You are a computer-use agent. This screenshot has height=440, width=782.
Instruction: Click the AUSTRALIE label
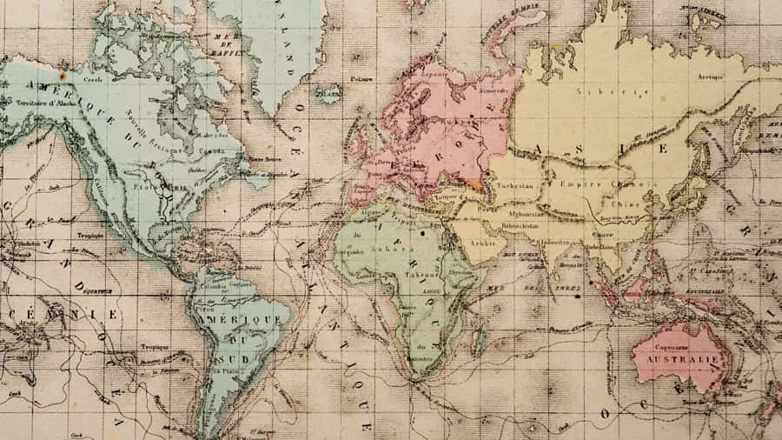tap(682, 357)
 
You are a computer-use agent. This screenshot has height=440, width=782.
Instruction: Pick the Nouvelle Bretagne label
tap(156, 133)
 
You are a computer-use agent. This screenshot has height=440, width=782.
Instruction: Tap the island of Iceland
tap(327, 91)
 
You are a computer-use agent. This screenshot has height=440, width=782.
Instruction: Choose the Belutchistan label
tap(522, 224)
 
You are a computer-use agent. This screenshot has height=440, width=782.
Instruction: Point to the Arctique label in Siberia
tap(710, 77)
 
